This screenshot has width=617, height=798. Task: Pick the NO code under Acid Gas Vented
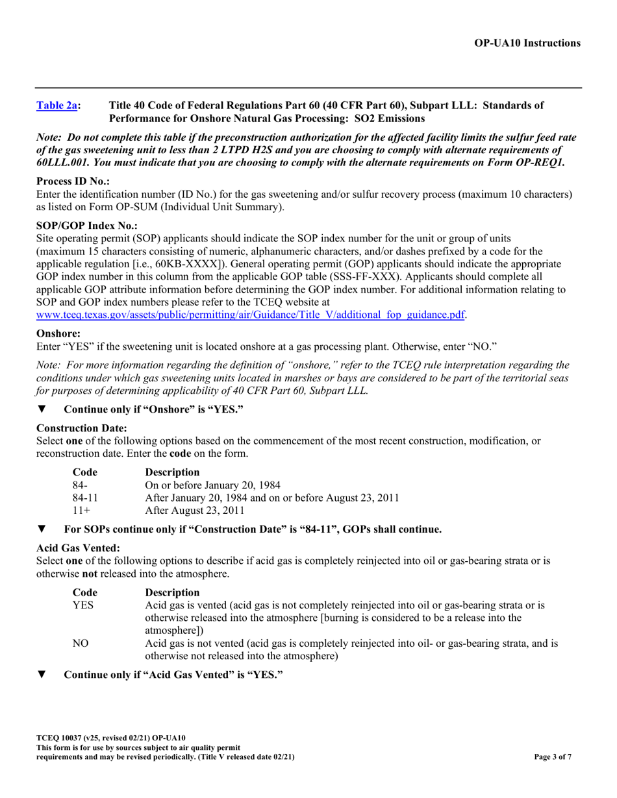[x=81, y=643]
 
